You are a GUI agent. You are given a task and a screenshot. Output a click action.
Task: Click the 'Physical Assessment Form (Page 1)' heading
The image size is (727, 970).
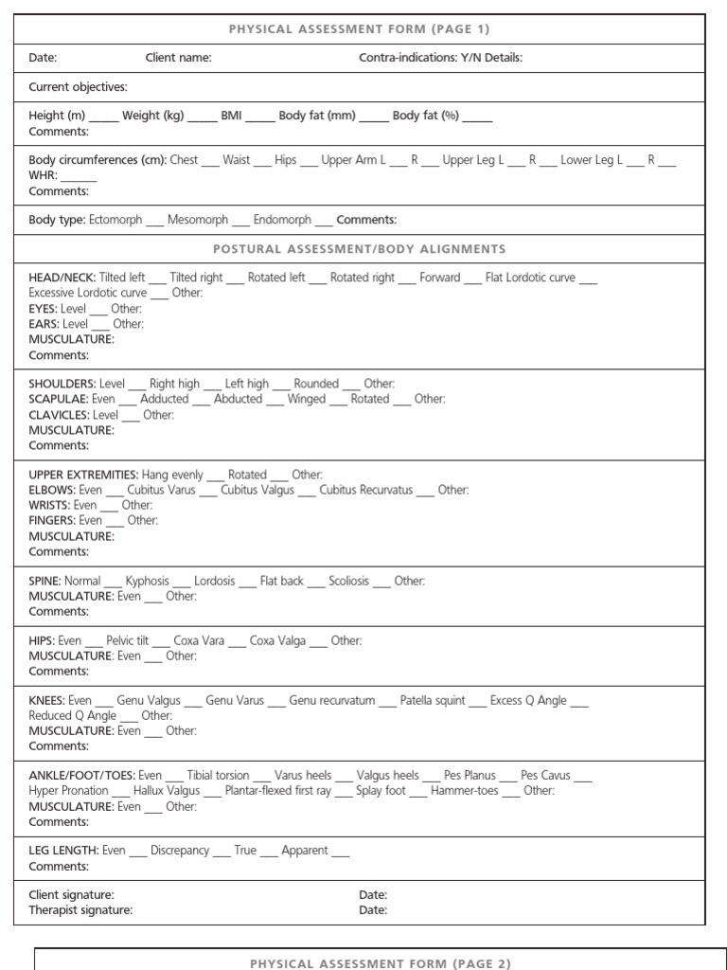pyautogui.click(x=359, y=29)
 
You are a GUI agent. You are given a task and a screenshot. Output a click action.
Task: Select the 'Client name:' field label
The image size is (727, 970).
pyautogui.click(x=178, y=58)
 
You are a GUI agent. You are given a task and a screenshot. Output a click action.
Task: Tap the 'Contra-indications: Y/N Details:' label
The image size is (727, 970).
pyautogui.click(x=440, y=58)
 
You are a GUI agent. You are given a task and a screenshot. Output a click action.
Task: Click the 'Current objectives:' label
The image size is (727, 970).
pyautogui.click(x=78, y=87)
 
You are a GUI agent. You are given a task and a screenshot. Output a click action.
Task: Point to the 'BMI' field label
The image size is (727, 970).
pyautogui.click(x=232, y=116)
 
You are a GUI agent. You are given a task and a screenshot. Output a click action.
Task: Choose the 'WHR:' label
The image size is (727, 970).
pyautogui.click(x=44, y=175)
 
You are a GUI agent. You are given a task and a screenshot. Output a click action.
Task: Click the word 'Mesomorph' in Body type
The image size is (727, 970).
pyautogui.click(x=197, y=220)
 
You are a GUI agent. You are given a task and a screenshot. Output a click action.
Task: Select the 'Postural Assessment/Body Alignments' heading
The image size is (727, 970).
pyautogui.click(x=359, y=249)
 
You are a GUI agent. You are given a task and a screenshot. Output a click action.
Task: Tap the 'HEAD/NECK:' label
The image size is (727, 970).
pyautogui.click(x=62, y=278)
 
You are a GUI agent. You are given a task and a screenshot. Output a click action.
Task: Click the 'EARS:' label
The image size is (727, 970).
pyautogui.click(x=44, y=324)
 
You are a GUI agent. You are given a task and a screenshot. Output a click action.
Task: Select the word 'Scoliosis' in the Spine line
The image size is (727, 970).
pyautogui.click(x=349, y=581)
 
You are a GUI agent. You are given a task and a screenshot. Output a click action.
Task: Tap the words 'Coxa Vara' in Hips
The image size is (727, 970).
pyautogui.click(x=199, y=640)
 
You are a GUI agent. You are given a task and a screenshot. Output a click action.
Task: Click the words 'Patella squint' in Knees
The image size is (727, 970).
pyautogui.click(x=432, y=700)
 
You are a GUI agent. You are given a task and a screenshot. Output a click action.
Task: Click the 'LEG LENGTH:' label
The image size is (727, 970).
pyautogui.click(x=62, y=851)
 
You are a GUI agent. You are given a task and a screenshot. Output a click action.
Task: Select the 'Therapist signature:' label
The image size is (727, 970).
pyautogui.click(x=80, y=910)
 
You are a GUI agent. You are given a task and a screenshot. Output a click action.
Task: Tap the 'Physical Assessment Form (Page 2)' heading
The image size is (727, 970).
pyautogui.click(x=380, y=963)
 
